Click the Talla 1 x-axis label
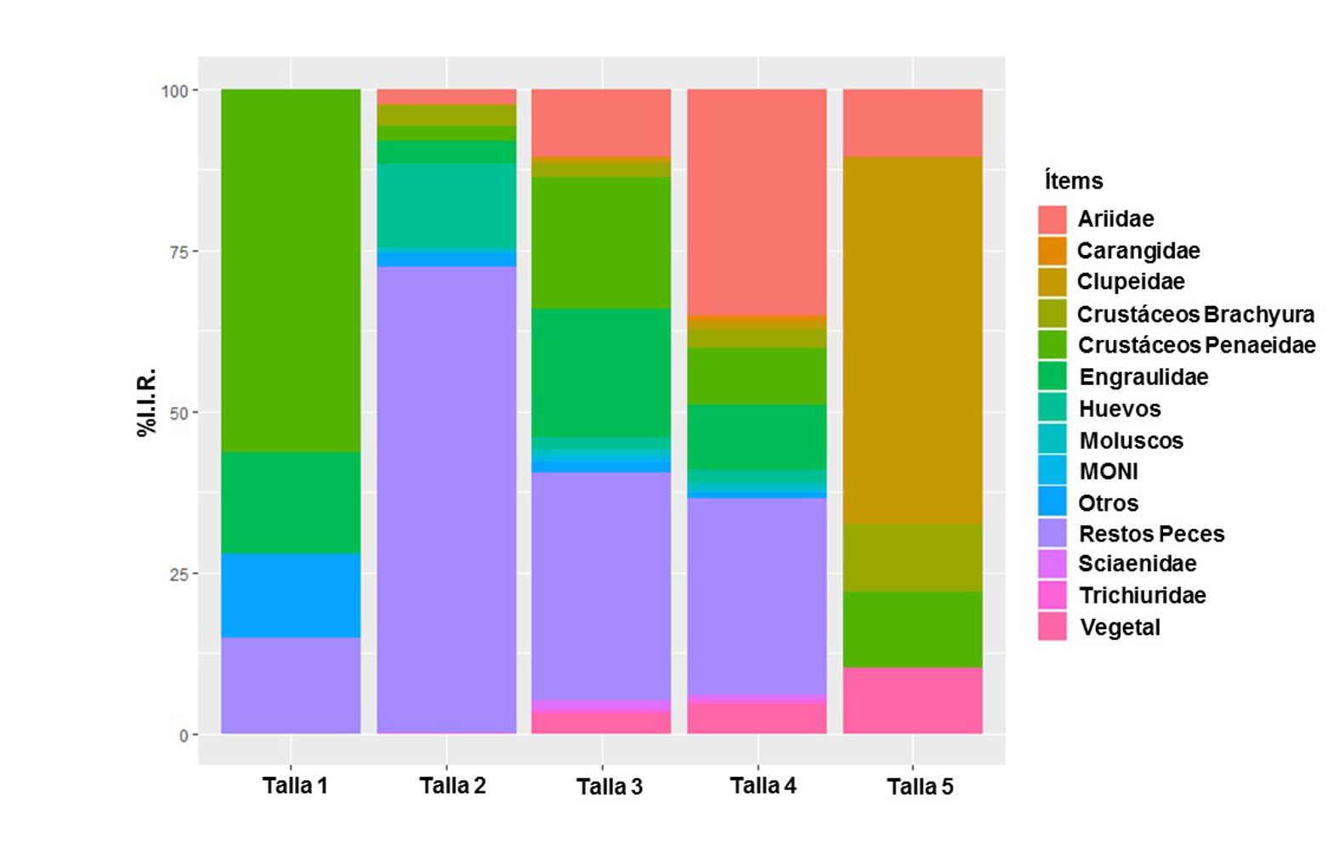click(x=294, y=785)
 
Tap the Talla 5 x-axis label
click(x=920, y=786)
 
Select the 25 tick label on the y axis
click(x=178, y=574)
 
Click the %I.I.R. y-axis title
click(x=146, y=402)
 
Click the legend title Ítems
click(x=1074, y=181)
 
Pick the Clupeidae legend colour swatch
click(x=1052, y=282)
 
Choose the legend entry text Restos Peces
click(x=1151, y=534)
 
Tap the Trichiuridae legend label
click(x=1142, y=595)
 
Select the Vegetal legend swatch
click(x=1052, y=627)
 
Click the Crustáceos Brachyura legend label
click(x=1195, y=314)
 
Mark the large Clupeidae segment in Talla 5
click(x=912, y=340)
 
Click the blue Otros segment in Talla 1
click(x=291, y=595)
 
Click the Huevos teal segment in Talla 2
click(x=446, y=207)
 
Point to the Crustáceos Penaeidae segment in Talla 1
click(x=291, y=270)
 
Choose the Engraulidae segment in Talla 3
click(x=601, y=372)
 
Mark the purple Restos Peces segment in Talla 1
click(x=291, y=685)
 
